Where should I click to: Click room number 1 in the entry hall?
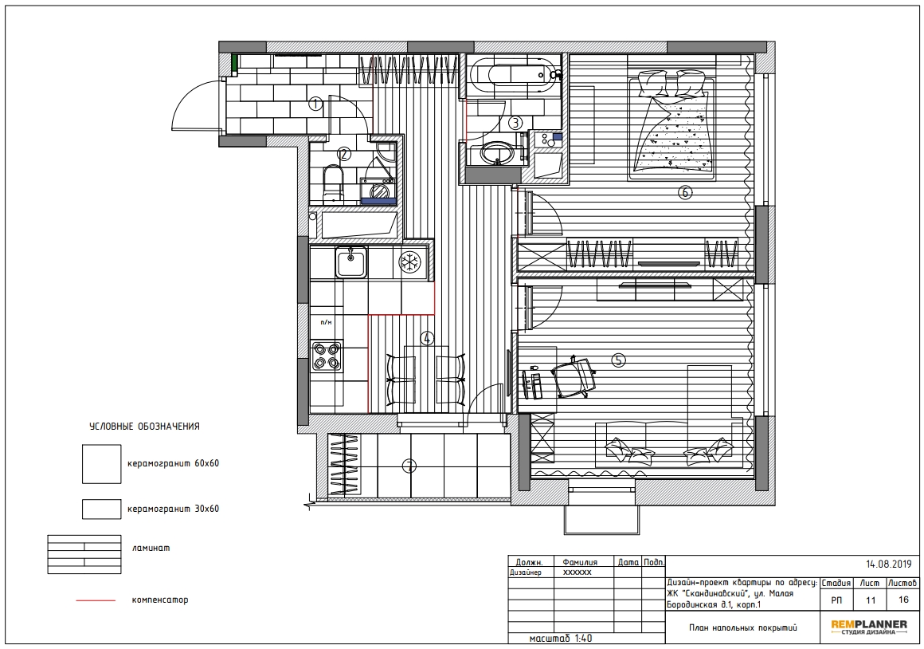tap(316, 104)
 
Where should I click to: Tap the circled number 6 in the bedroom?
tap(685, 192)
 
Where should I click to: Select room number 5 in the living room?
tap(618, 360)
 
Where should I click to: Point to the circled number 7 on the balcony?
tap(409, 466)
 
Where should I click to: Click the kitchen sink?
tap(351, 262)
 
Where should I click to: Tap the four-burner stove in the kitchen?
tap(327, 356)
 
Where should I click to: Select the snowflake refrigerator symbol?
tap(410, 262)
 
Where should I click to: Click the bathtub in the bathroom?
tap(512, 73)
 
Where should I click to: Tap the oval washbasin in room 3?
tap(498, 153)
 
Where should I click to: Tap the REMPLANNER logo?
tap(869, 627)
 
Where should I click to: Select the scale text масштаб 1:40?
tap(561, 639)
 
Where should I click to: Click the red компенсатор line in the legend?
tap(96, 600)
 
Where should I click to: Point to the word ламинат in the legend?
tap(151, 548)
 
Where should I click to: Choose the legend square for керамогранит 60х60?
tap(101, 464)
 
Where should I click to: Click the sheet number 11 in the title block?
tap(870, 600)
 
